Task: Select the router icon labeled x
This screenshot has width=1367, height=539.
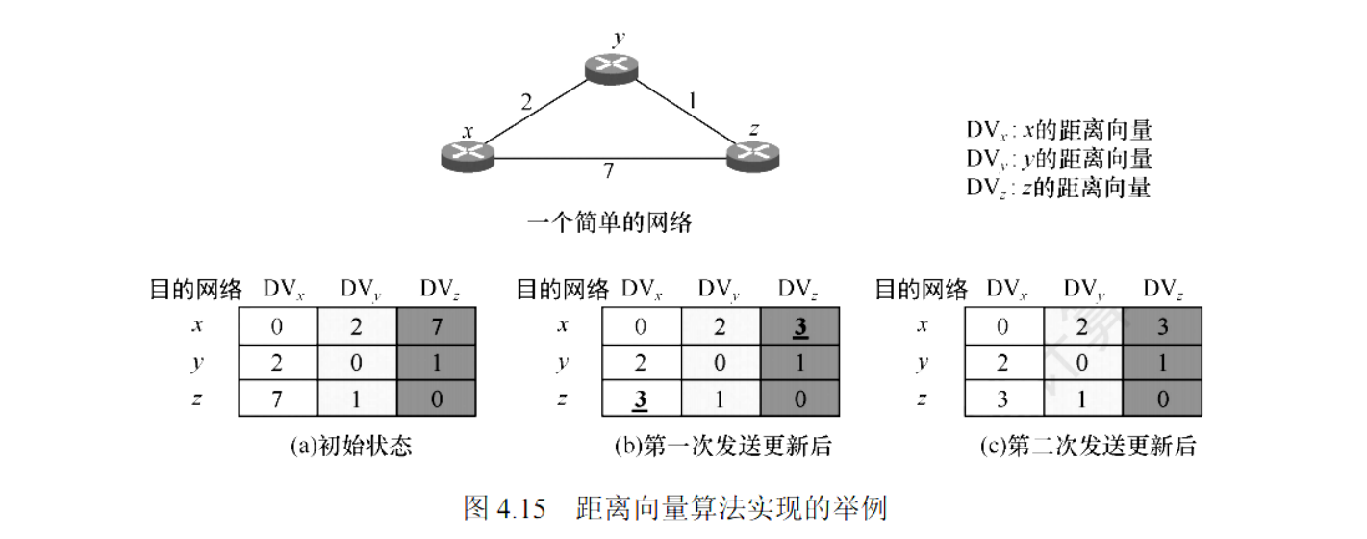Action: point(468,155)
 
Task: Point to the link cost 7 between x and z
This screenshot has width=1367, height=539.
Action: point(608,171)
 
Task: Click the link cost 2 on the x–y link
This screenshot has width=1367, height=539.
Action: point(525,101)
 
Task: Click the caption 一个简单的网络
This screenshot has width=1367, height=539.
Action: point(610,223)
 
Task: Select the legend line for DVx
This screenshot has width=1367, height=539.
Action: point(1058,131)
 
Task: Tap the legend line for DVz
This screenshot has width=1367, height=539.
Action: point(1058,187)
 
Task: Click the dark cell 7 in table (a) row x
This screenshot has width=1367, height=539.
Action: point(436,326)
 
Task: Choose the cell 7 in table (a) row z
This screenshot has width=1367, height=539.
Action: point(277,399)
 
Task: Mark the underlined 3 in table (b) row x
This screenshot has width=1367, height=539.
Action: point(799,326)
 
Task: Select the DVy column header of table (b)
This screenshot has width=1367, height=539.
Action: point(720,289)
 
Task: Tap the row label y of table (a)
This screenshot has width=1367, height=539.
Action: point(196,363)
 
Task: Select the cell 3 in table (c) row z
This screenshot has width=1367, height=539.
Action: point(1003,399)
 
